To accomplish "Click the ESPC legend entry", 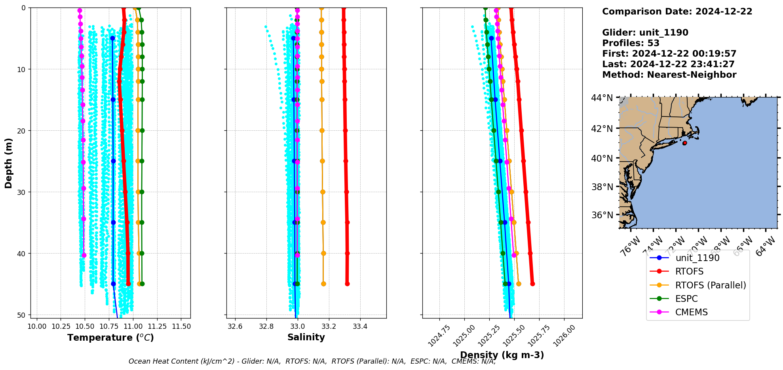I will coord(686,299).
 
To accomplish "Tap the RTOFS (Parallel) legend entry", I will coord(710,285).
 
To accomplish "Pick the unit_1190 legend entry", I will coord(697,258).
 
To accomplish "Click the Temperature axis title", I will coord(110,338).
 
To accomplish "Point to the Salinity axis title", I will coord(306,337).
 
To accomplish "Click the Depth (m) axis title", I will coord(9,163).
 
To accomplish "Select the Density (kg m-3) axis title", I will coord(502,355).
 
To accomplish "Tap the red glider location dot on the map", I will coord(684,143).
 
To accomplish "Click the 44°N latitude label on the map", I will coord(602,98).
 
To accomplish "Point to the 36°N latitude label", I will coord(602,215).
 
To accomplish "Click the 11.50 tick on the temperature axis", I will coord(181,326).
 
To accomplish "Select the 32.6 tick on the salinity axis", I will coord(235,326).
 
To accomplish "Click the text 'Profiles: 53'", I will coord(631,43).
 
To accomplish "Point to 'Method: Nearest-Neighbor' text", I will coord(669,74).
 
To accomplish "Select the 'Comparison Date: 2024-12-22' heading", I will coord(677,11).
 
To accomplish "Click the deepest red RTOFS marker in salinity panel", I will coord(347,284).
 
